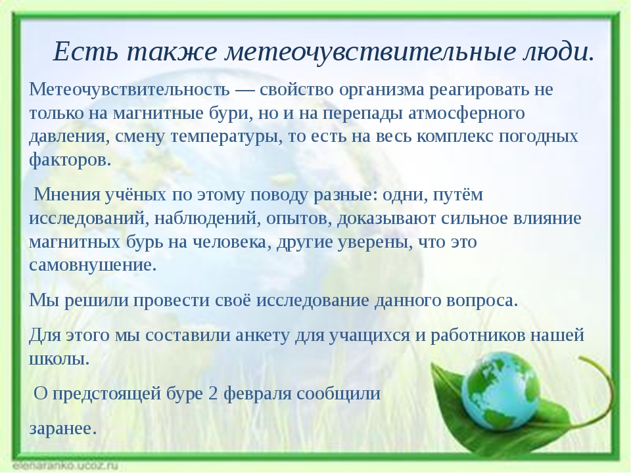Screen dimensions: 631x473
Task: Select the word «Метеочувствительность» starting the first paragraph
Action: (129, 89)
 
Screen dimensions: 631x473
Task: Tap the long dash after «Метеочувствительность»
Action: (245, 90)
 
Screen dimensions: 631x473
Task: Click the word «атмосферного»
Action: (467, 114)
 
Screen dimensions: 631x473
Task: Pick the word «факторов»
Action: (70, 161)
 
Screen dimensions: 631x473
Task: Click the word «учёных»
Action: (136, 195)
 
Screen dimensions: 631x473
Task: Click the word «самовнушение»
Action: (93, 265)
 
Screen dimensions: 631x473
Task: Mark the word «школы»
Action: (59, 359)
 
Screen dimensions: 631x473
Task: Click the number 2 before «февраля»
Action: (213, 394)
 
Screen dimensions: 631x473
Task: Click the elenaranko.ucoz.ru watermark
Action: (65, 466)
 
